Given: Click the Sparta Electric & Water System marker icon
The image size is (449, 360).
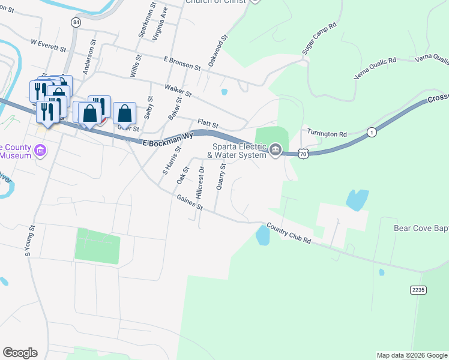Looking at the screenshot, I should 276,149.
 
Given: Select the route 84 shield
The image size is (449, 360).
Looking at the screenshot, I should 75,22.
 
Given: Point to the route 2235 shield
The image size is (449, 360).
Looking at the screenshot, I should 418,290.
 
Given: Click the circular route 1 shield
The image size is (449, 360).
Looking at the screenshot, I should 372,132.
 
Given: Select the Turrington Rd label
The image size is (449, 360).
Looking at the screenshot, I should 327,134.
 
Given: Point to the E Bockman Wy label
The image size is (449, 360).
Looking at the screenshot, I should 169,140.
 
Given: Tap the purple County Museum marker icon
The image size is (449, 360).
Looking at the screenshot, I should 40,149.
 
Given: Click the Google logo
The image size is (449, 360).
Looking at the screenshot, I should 20,353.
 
